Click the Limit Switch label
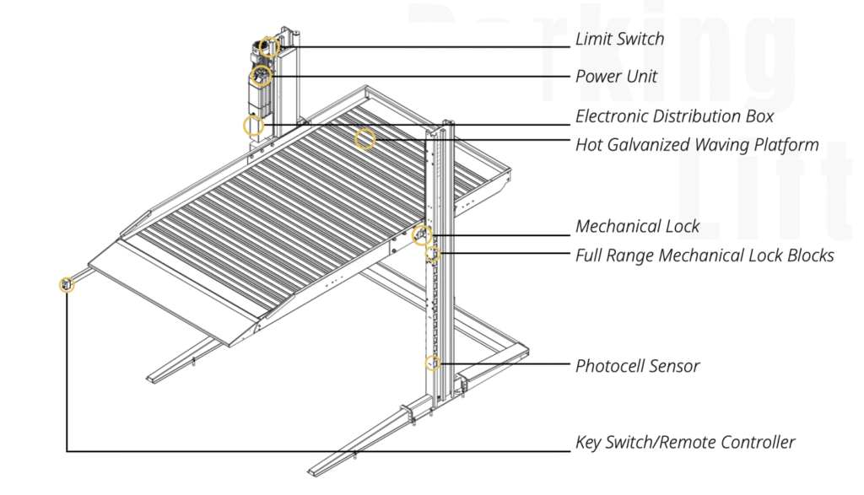pos(619,39)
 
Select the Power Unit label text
pos(616,77)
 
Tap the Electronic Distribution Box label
pos(674,116)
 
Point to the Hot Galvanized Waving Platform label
pos(697,145)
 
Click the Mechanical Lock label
pos(637,226)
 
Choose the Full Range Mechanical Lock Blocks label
pos(705,255)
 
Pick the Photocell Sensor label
pos(637,366)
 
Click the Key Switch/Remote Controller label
pos(685,442)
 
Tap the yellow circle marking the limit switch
pos(269,46)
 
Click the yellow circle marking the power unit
pos(260,78)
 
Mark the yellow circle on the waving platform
pos(364,139)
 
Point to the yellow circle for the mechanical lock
pos(422,235)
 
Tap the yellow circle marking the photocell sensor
pos(433,363)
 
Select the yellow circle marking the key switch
pos(67,284)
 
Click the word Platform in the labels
pos(783,145)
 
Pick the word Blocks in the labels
pos(807,255)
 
